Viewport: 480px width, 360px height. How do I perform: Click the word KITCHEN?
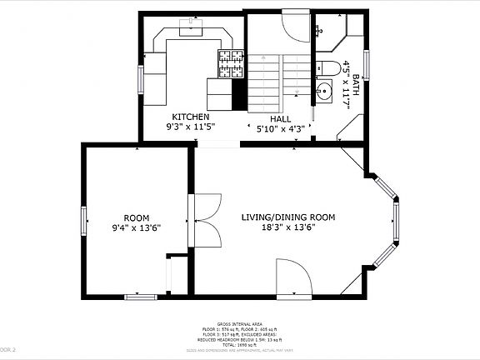(x=191, y=117)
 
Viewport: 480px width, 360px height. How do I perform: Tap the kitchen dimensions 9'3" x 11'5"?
(x=191, y=128)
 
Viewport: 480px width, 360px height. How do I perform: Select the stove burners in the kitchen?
(x=231, y=59)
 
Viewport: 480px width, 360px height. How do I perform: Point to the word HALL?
(x=280, y=118)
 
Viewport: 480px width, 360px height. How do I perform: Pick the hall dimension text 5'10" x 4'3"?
(x=280, y=129)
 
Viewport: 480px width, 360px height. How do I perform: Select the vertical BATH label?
(x=357, y=86)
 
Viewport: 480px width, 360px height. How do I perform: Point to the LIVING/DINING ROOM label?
(x=287, y=217)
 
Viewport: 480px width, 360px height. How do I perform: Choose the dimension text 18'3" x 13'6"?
(x=287, y=228)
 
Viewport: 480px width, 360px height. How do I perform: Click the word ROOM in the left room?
(x=136, y=217)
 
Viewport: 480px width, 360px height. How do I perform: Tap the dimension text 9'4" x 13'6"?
(x=136, y=227)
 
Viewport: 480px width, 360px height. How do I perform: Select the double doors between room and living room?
(x=206, y=220)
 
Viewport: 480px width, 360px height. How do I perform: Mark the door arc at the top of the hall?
(x=294, y=25)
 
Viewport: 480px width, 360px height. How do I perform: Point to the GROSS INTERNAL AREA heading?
(x=240, y=324)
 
